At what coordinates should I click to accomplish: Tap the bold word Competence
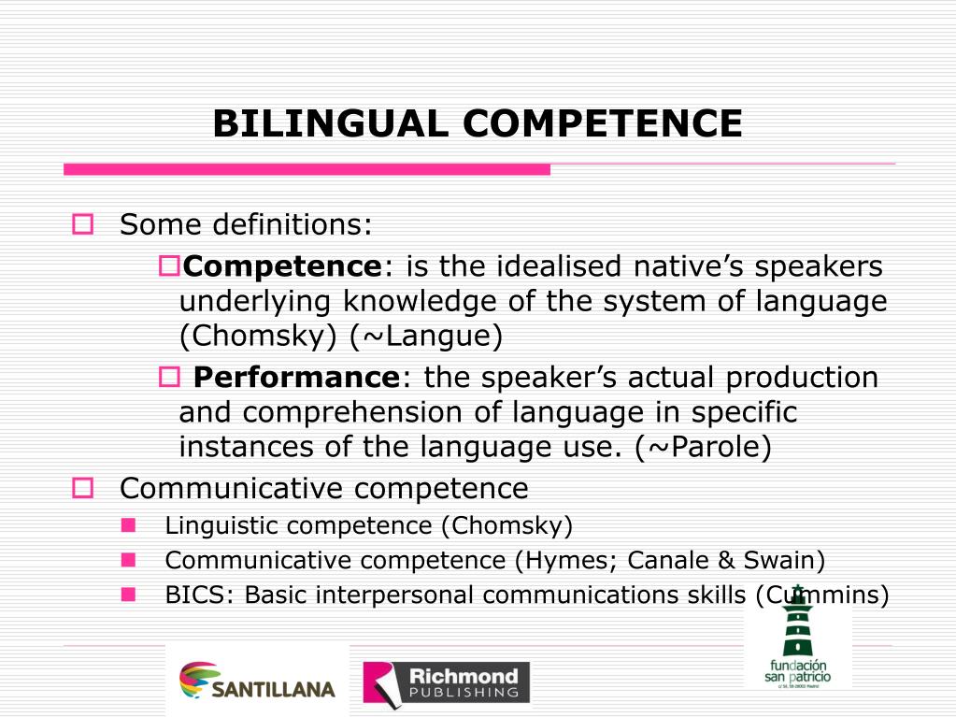coord(282,267)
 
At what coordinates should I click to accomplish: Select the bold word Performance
coord(296,378)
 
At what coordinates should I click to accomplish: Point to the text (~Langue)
coord(426,337)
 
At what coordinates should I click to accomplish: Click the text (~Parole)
coord(703,447)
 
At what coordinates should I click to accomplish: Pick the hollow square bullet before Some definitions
coord(83,225)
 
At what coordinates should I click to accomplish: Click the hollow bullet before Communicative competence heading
coord(83,488)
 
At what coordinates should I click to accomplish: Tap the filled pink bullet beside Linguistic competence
coord(127,524)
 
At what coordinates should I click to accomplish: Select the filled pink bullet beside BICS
coord(127,594)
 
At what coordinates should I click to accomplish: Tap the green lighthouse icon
coord(796,622)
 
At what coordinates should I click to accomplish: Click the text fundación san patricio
coord(797,669)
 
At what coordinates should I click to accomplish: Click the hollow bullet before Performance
coord(168,378)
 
